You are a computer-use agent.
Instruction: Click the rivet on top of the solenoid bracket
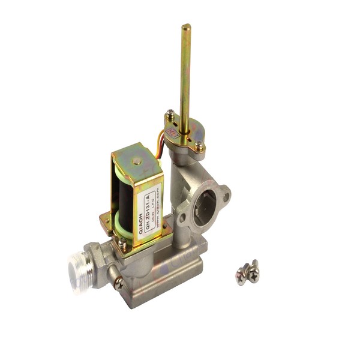(x=137, y=160)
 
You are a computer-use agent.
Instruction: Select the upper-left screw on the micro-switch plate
(x=171, y=113)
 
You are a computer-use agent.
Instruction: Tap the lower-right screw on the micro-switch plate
(x=199, y=144)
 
